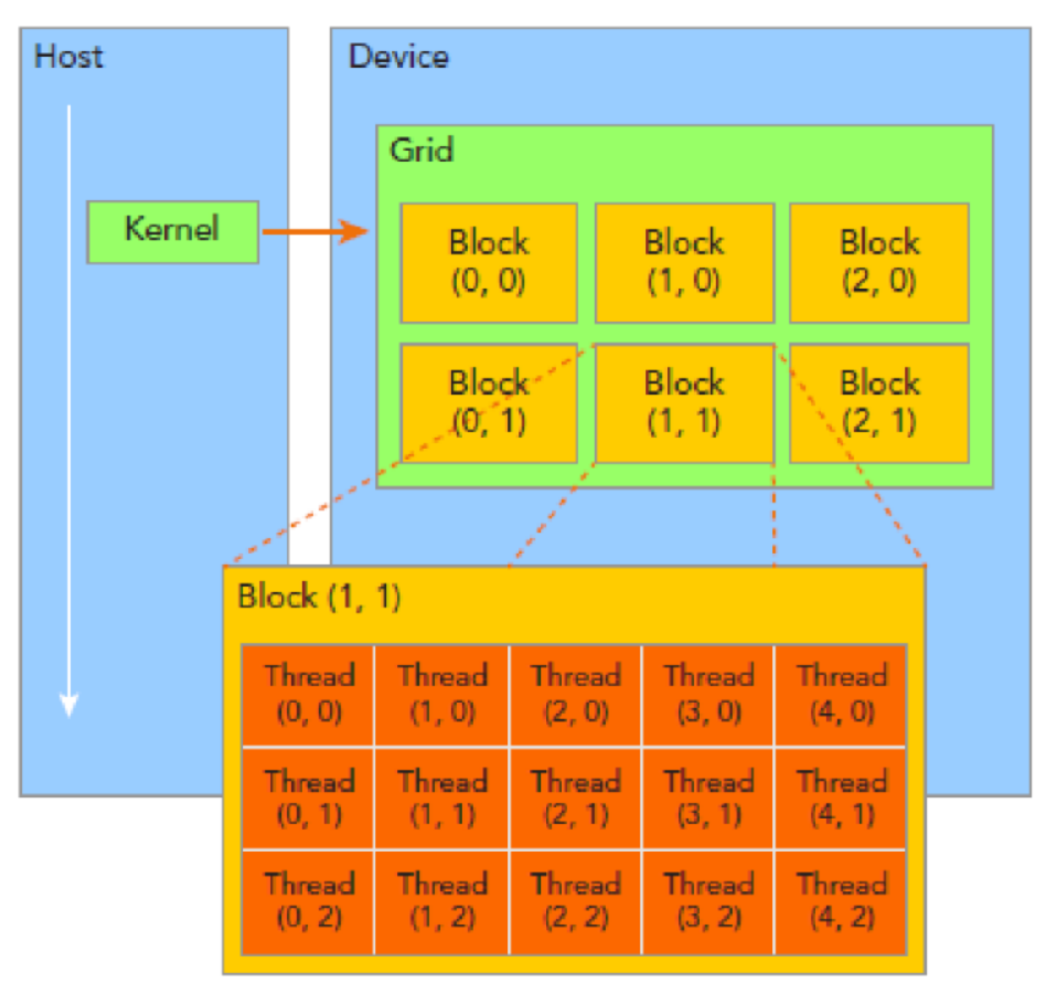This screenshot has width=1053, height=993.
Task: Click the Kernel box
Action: pyautogui.click(x=172, y=231)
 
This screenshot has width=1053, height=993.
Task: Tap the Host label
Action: pyautogui.click(x=68, y=57)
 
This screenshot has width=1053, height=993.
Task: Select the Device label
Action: pyautogui.click(x=398, y=57)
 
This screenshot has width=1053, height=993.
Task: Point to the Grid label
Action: pyautogui.click(x=421, y=150)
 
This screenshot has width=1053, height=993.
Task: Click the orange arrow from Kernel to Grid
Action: pyautogui.click(x=315, y=231)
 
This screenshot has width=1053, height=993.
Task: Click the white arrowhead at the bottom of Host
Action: pyautogui.click(x=69, y=705)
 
